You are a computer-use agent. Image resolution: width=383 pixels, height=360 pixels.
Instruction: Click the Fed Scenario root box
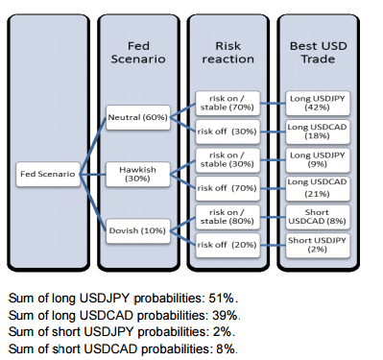coord(50,174)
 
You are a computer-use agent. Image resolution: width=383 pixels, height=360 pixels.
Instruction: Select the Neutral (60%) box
coord(138,117)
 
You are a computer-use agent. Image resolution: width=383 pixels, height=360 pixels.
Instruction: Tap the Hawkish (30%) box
coord(137,174)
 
